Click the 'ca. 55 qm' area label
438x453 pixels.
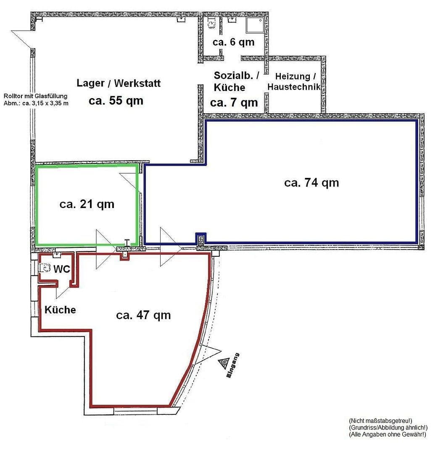(x=116, y=101)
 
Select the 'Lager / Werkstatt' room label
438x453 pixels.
(x=118, y=83)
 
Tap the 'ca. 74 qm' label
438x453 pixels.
(x=311, y=183)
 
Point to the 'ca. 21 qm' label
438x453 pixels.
(x=87, y=204)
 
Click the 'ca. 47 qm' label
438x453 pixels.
(x=143, y=315)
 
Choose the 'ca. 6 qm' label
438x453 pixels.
(x=233, y=42)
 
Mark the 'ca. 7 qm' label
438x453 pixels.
(x=234, y=102)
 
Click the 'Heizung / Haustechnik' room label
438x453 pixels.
(x=294, y=82)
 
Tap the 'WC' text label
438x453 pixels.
(x=61, y=269)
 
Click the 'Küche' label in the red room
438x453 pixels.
(x=60, y=310)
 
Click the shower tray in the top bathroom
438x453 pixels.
(x=255, y=25)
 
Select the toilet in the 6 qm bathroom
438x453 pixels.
(x=211, y=24)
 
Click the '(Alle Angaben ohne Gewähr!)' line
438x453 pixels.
(x=387, y=435)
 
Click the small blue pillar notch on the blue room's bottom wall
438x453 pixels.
(x=201, y=238)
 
